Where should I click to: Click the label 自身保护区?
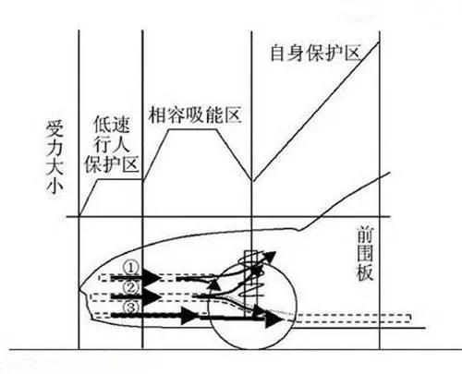pos(315,54)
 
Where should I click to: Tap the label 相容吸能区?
pos(195,115)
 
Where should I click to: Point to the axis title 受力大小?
pos(55,158)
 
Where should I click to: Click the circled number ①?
pos(131,268)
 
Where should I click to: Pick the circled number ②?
pos(131,287)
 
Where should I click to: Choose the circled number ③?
pos(131,308)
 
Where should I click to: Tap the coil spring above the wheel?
pos(251,274)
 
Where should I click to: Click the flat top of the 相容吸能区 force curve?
pos(192,129)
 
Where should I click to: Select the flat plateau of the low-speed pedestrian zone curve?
pos(120,179)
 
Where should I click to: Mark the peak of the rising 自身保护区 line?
pos(379,42)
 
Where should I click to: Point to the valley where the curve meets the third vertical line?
pos(252,181)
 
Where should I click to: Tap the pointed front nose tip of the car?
pos(79,289)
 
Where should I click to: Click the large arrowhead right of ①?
pos(152,278)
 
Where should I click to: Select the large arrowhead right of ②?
pos(152,296)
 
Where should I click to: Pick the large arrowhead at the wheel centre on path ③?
pos(273,320)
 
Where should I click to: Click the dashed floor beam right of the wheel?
pos(351,319)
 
